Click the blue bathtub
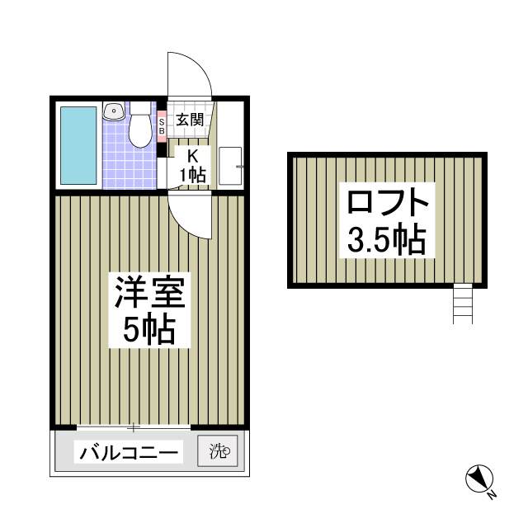point(79,144)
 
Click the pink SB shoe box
point(162,125)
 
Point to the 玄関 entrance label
point(189,120)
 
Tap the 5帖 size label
point(148,331)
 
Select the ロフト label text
point(387,203)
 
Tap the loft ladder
point(462,304)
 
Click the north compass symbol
point(478,478)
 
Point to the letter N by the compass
point(492,495)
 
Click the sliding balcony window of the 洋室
point(132,427)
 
